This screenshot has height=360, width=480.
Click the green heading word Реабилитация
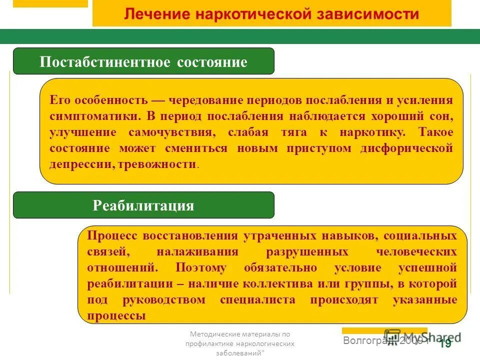coord(143,205)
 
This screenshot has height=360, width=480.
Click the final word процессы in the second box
coord(116,316)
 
